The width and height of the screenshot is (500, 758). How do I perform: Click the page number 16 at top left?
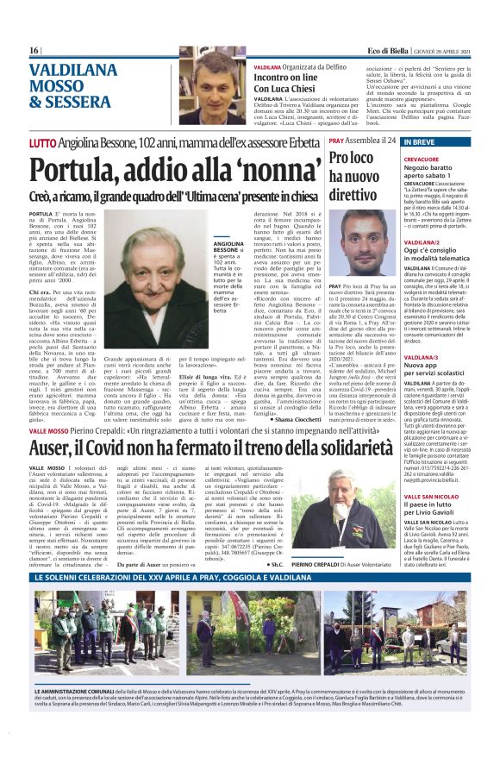34,50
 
